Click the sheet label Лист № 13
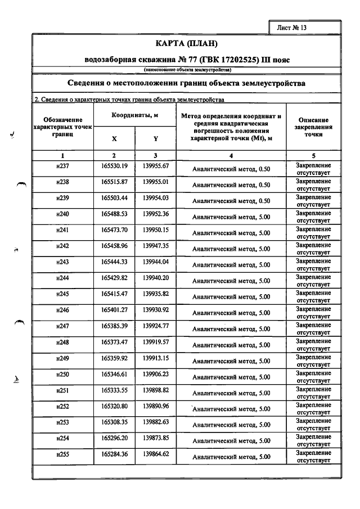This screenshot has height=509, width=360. coord(291,27)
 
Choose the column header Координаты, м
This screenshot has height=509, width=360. coord(135,115)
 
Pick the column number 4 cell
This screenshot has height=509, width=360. coord(231,155)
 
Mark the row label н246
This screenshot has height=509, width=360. coord(62,311)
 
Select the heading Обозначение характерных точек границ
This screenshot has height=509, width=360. coord(62,128)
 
